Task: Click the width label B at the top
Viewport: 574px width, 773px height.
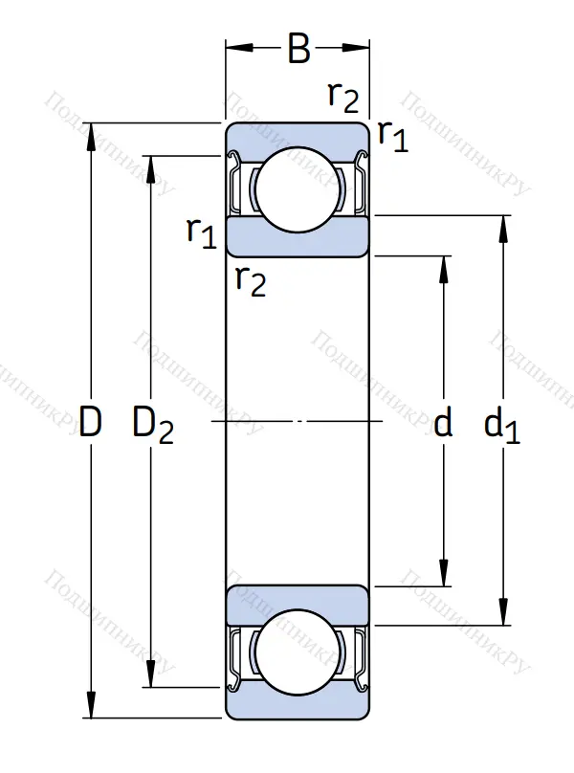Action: click(x=298, y=50)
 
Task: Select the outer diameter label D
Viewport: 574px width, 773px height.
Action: click(x=90, y=422)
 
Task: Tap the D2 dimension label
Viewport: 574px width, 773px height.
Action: click(x=153, y=424)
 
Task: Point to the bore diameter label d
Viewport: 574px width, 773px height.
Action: click(x=442, y=422)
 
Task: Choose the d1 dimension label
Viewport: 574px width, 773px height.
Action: click(x=501, y=424)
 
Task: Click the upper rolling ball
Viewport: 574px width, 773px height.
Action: click(x=298, y=189)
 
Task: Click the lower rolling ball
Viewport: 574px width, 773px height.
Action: click(x=298, y=653)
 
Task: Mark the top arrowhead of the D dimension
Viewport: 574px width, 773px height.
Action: click(x=91, y=134)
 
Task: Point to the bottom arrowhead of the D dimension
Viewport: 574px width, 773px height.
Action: click(x=91, y=707)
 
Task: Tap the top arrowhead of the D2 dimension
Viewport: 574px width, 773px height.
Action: click(x=149, y=166)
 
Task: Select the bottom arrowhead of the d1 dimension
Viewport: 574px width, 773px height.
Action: click(x=501, y=614)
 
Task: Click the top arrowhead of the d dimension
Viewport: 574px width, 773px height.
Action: click(x=444, y=267)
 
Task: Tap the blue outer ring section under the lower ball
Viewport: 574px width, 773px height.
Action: click(x=298, y=706)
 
